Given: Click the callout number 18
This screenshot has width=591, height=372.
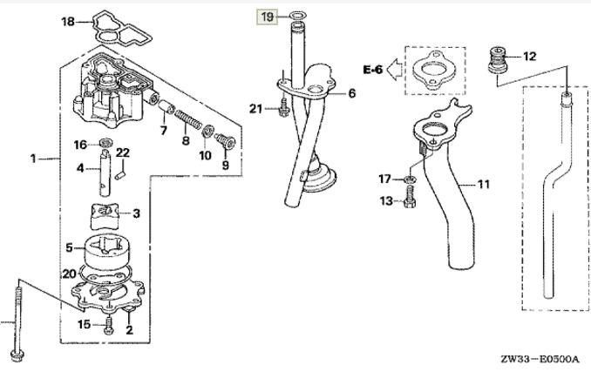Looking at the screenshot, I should (x=67, y=22).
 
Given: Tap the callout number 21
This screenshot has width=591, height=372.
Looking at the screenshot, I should (x=255, y=108).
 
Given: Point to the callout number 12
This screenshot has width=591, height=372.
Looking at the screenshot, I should (x=530, y=57).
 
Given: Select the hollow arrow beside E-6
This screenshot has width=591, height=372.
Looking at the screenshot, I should (x=395, y=68).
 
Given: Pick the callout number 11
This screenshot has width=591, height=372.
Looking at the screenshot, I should (x=484, y=184).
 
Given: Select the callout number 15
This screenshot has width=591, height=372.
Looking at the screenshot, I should (x=84, y=325).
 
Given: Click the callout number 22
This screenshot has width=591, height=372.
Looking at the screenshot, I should (x=123, y=152).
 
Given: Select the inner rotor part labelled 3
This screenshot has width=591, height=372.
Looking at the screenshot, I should (x=103, y=213).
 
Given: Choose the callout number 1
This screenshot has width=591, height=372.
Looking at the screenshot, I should (x=32, y=159).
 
